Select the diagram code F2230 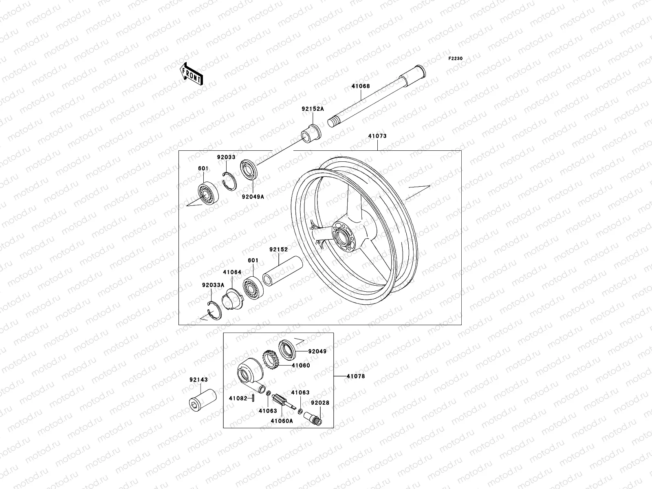coord(456,59)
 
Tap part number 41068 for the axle coord(361,86)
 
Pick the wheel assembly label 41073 coord(377,136)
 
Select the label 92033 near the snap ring coord(226,157)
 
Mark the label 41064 coord(232,272)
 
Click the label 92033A coord(213,285)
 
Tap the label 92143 coord(198,379)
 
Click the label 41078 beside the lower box coord(356,376)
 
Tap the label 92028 coord(320,403)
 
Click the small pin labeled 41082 coord(253,398)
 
